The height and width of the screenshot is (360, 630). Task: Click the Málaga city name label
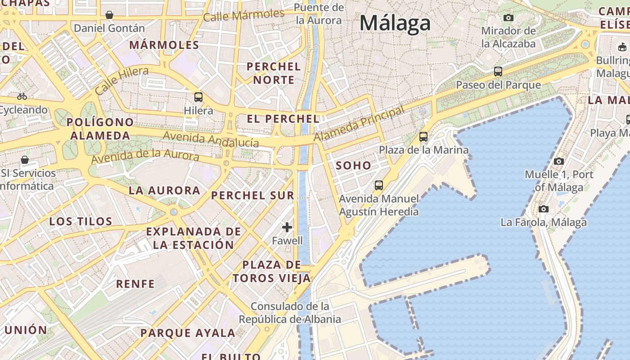[395, 23]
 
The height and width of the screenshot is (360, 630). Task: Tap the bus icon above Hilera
[198, 97]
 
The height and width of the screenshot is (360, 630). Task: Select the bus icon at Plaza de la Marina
[423, 137]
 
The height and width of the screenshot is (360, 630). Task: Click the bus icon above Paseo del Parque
[498, 72]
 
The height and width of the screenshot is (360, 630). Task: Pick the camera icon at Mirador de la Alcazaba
[508, 18]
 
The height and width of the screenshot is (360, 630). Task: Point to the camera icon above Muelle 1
[558, 161]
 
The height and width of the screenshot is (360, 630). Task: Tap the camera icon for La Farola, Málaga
[544, 209]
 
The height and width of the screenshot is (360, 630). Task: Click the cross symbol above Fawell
[287, 227]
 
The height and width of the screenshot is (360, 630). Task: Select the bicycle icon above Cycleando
[22, 96]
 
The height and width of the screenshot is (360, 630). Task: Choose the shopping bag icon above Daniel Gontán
[109, 15]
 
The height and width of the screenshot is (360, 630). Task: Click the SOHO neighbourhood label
[354, 166]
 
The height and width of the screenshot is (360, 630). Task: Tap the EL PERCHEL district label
[283, 119]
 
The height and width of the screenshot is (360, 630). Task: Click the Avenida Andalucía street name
[211, 139]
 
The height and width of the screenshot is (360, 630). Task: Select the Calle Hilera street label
[121, 81]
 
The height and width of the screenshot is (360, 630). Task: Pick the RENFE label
[135, 284]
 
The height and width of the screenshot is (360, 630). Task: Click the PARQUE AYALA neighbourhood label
[188, 333]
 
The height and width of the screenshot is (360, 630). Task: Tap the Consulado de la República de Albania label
[290, 313]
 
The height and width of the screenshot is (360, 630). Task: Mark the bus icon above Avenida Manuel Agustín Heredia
[378, 185]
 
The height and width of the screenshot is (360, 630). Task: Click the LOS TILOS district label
[81, 221]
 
